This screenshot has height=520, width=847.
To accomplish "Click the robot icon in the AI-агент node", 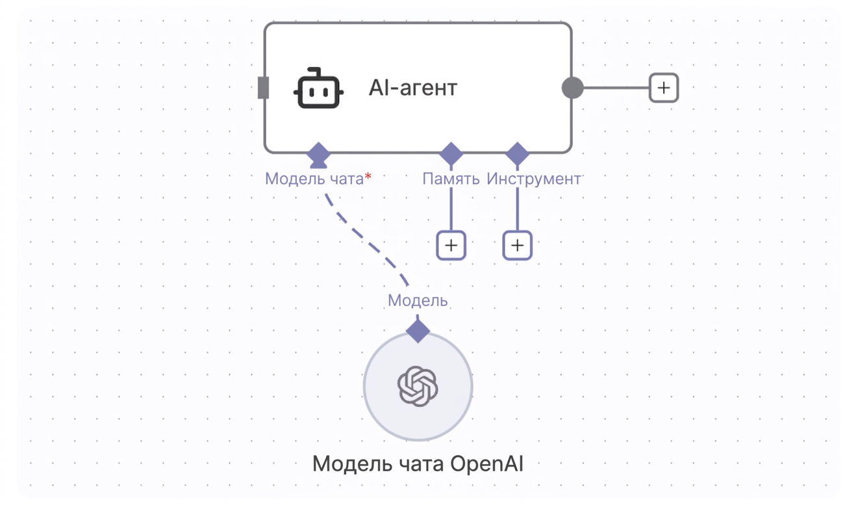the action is [x=318, y=88].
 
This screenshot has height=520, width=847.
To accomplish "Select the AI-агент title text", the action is [x=413, y=88].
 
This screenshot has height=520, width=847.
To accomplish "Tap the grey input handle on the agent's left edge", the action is [x=263, y=88].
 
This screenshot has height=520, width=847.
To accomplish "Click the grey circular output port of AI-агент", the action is [x=572, y=88].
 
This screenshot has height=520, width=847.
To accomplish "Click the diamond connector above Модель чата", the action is [x=318, y=154].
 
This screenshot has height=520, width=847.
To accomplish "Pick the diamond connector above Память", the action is [x=451, y=154].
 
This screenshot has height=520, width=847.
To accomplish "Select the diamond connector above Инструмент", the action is [x=517, y=154].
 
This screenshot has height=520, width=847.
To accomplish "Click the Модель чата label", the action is [x=314, y=179].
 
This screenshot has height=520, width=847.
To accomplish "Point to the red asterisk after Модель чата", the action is [x=368, y=176].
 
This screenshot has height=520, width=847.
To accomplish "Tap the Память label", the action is [x=451, y=179].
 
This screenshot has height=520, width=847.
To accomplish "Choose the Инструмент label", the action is [x=533, y=179].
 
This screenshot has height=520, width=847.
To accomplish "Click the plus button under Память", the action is [x=451, y=246].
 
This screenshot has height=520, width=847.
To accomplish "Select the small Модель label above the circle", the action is [x=418, y=300].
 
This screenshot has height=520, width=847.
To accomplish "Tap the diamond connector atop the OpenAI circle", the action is [x=418, y=331].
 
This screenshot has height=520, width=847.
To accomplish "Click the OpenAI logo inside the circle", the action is [x=418, y=386].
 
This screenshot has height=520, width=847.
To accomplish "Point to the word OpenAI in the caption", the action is [x=487, y=464].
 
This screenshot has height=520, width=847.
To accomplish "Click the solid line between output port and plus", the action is [x=616, y=88].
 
